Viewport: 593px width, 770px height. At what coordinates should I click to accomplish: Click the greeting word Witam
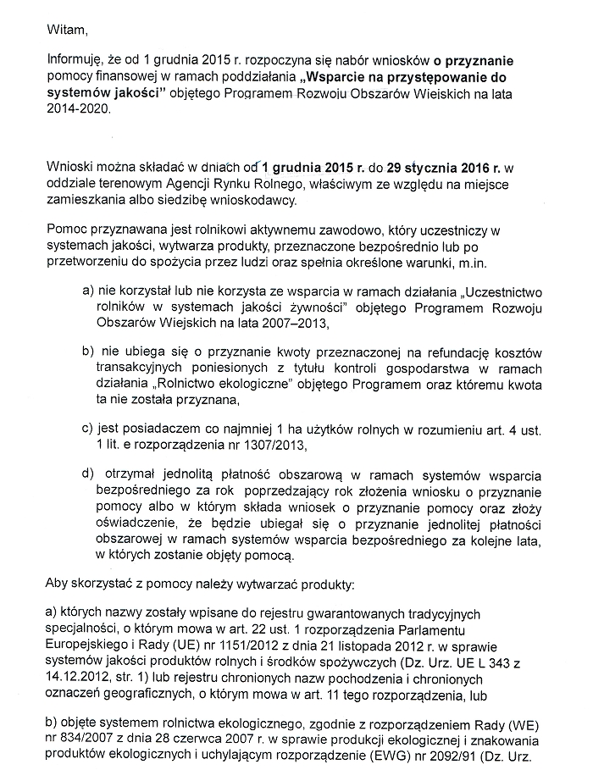coord(67,31)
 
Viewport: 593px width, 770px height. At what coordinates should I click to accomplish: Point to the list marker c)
coord(87,428)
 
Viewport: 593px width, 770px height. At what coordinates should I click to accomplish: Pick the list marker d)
coord(87,473)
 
